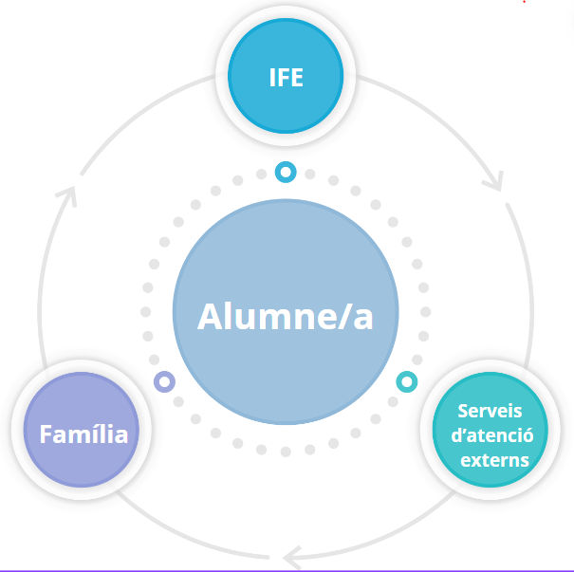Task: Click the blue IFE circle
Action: tap(286, 78)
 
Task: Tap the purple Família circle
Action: tap(83, 432)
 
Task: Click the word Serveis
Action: tap(491, 412)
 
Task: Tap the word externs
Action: tap(493, 461)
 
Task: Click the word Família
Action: tap(83, 434)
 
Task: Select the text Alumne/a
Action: tap(286, 316)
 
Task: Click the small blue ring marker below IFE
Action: tap(285, 172)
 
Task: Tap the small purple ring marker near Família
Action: tap(164, 381)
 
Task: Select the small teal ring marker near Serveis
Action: tap(406, 382)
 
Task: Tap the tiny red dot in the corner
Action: tap(524, 2)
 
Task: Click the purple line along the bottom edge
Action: tap(285, 570)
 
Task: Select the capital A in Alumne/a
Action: tap(212, 316)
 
